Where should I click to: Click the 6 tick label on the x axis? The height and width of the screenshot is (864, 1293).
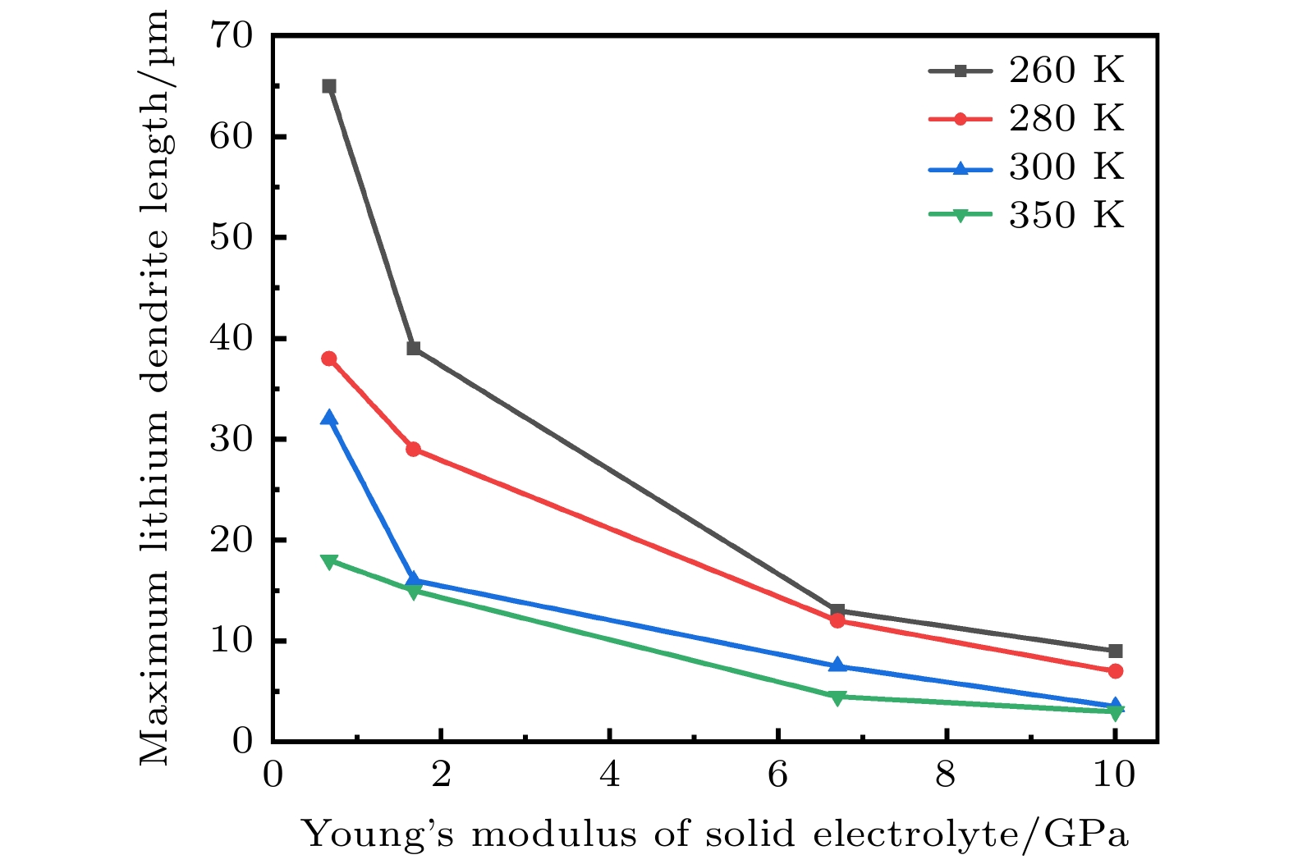click(777, 775)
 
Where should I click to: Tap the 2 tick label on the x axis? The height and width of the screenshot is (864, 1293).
click(442, 775)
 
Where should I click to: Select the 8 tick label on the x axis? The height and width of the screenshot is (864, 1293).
click(946, 775)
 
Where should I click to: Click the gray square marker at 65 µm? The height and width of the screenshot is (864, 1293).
click(329, 86)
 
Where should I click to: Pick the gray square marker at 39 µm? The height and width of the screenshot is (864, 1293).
click(414, 349)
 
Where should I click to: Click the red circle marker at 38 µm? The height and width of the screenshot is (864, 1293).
click(329, 359)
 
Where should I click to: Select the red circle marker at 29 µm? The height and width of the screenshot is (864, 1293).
click(414, 449)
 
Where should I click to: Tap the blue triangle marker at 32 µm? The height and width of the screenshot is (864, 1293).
click(329, 418)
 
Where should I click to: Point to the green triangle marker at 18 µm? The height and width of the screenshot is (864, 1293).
click(329, 561)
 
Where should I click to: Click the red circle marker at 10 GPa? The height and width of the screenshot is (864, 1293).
click(1115, 671)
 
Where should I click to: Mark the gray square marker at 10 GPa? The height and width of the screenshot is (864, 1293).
click(1115, 651)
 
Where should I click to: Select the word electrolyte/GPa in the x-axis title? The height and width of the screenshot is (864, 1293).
click(970, 835)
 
